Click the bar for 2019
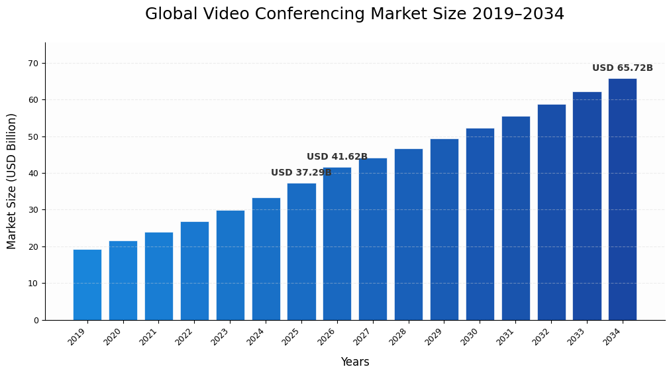(x=87, y=285)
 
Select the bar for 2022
(x=194, y=271)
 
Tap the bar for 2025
(x=301, y=252)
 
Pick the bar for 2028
(x=409, y=235)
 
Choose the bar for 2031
(x=515, y=219)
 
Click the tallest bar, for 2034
(x=623, y=199)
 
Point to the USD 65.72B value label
(x=622, y=68)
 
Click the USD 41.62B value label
(x=336, y=157)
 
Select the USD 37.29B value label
(x=301, y=173)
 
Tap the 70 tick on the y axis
(x=32, y=64)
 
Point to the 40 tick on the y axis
(x=32, y=174)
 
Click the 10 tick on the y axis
(x=32, y=284)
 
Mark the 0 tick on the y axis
(x=35, y=321)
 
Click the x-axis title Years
(x=355, y=362)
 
